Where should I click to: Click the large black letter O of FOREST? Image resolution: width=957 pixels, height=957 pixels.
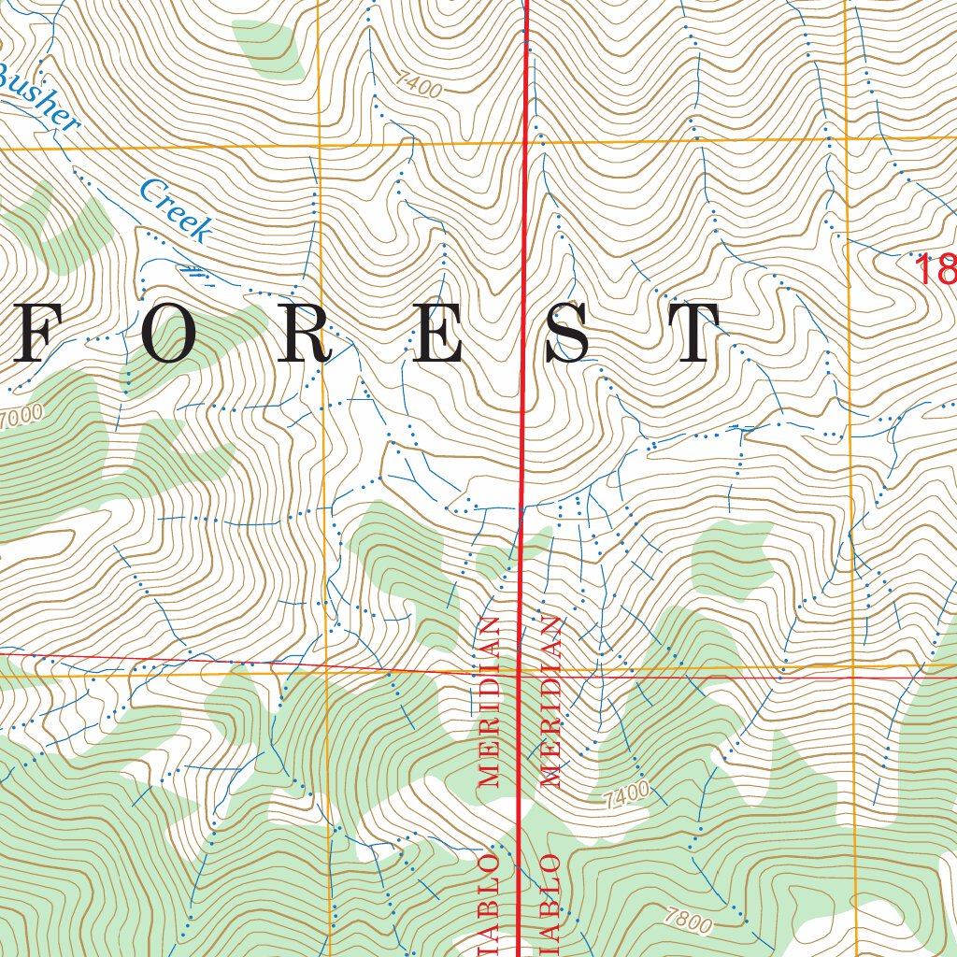pyautogui.click(x=170, y=335)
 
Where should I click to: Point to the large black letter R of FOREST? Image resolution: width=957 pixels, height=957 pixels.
pyautogui.click(x=303, y=335)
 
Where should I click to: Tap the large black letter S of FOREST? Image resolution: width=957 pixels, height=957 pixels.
pyautogui.click(x=568, y=335)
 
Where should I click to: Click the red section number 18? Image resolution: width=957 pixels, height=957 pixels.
pyautogui.click(x=936, y=270)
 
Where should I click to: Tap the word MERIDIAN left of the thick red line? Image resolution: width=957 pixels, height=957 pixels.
pyautogui.click(x=490, y=701)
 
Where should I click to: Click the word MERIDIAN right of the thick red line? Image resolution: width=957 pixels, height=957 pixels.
pyautogui.click(x=550, y=701)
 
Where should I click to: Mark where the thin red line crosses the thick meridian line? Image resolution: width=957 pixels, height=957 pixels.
pyautogui.click(x=521, y=671)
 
